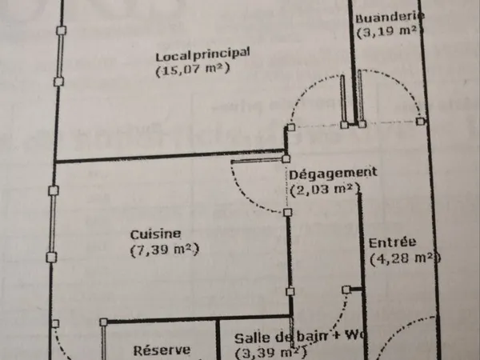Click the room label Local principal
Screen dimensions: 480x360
(x=202, y=54)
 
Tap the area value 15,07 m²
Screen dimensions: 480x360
(x=193, y=69)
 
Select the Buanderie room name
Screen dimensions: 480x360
(x=390, y=17)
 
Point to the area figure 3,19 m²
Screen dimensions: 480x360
(x=390, y=31)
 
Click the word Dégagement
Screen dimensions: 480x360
(x=333, y=174)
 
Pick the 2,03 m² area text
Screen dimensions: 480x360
(x=325, y=190)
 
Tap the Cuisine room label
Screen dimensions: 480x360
(x=155, y=234)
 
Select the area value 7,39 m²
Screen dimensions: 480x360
(x=165, y=250)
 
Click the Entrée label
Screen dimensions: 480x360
(x=392, y=242)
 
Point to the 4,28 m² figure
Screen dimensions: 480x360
(x=405, y=258)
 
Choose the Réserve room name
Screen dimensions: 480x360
(x=162, y=350)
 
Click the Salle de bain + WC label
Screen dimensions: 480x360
(x=300, y=337)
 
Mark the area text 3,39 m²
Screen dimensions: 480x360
(x=271, y=352)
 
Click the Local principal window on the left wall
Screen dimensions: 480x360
(x=60, y=56)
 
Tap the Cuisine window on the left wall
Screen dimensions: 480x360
(x=53, y=224)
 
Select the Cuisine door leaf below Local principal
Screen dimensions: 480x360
(x=258, y=160)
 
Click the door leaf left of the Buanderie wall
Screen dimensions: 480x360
(x=343, y=100)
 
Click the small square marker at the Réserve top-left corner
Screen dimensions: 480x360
(x=103, y=322)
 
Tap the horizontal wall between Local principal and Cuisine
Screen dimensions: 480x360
(x=170, y=156)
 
